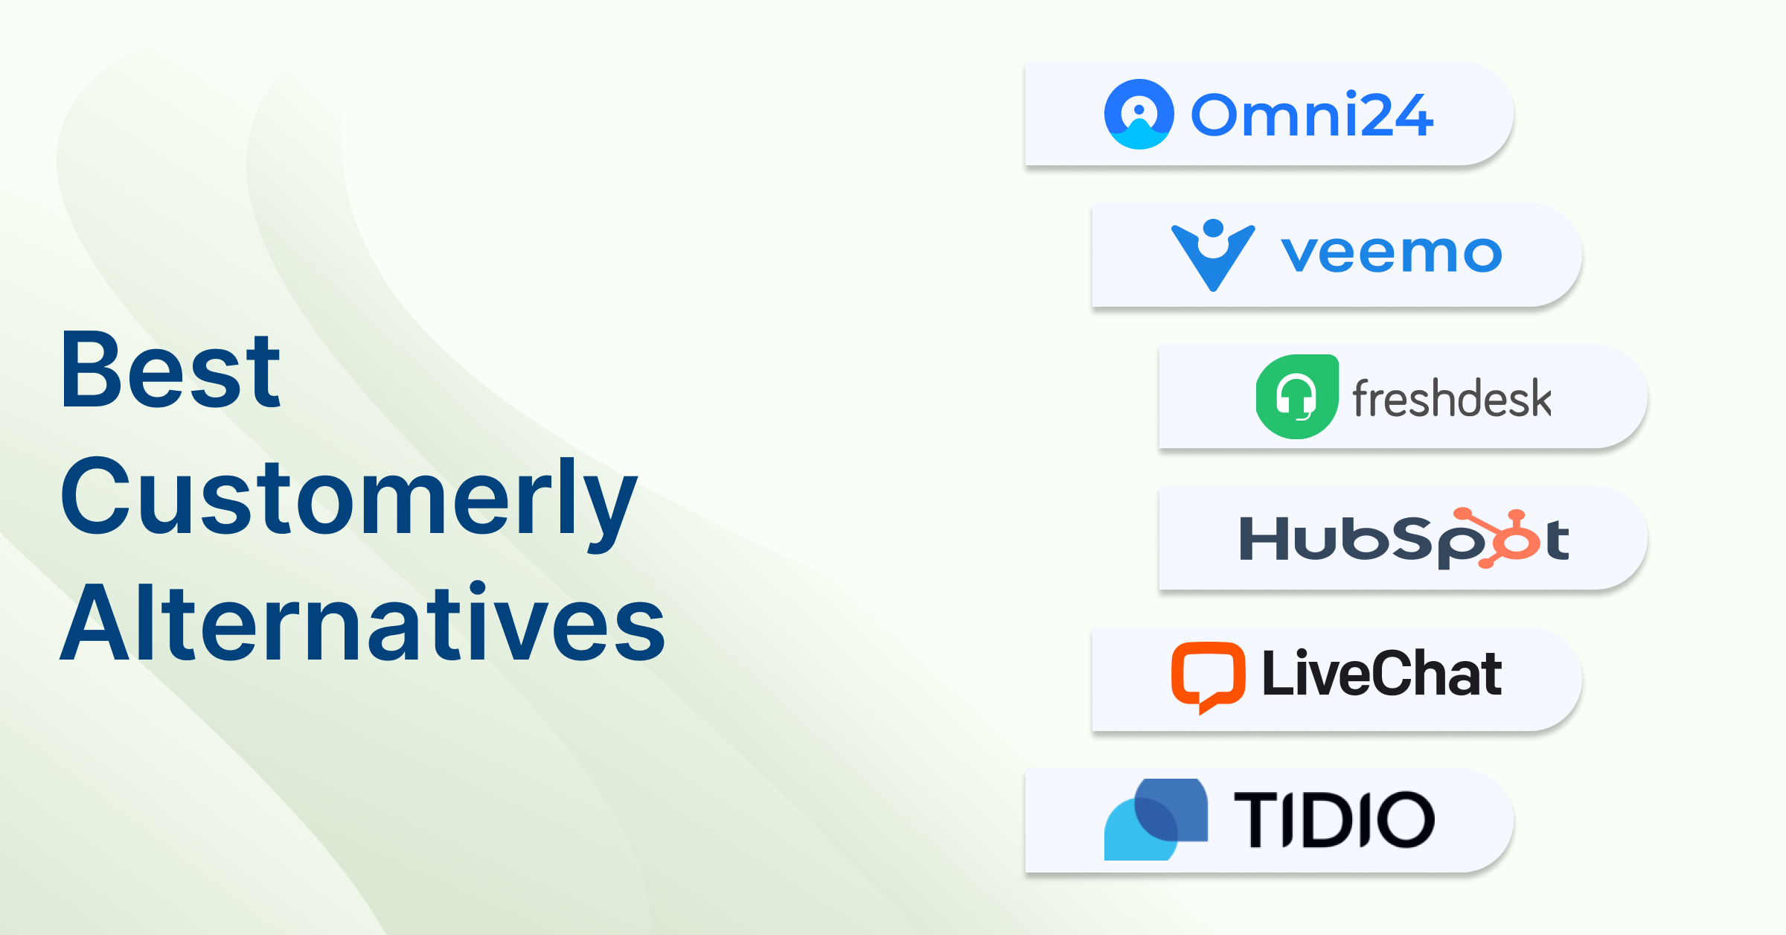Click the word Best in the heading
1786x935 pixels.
tap(171, 370)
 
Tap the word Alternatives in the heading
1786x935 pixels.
tap(362, 622)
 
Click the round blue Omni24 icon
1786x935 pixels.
tap(1139, 114)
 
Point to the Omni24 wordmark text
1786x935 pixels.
tap(1312, 115)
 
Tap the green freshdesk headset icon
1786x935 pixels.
tap(1297, 396)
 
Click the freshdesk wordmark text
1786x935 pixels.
tap(1452, 398)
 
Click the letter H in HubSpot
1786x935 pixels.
tap(1264, 537)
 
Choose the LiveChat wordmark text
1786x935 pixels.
tap(1382, 674)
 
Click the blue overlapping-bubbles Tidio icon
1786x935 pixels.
tap(1156, 819)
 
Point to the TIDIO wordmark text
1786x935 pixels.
tap(1334, 820)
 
